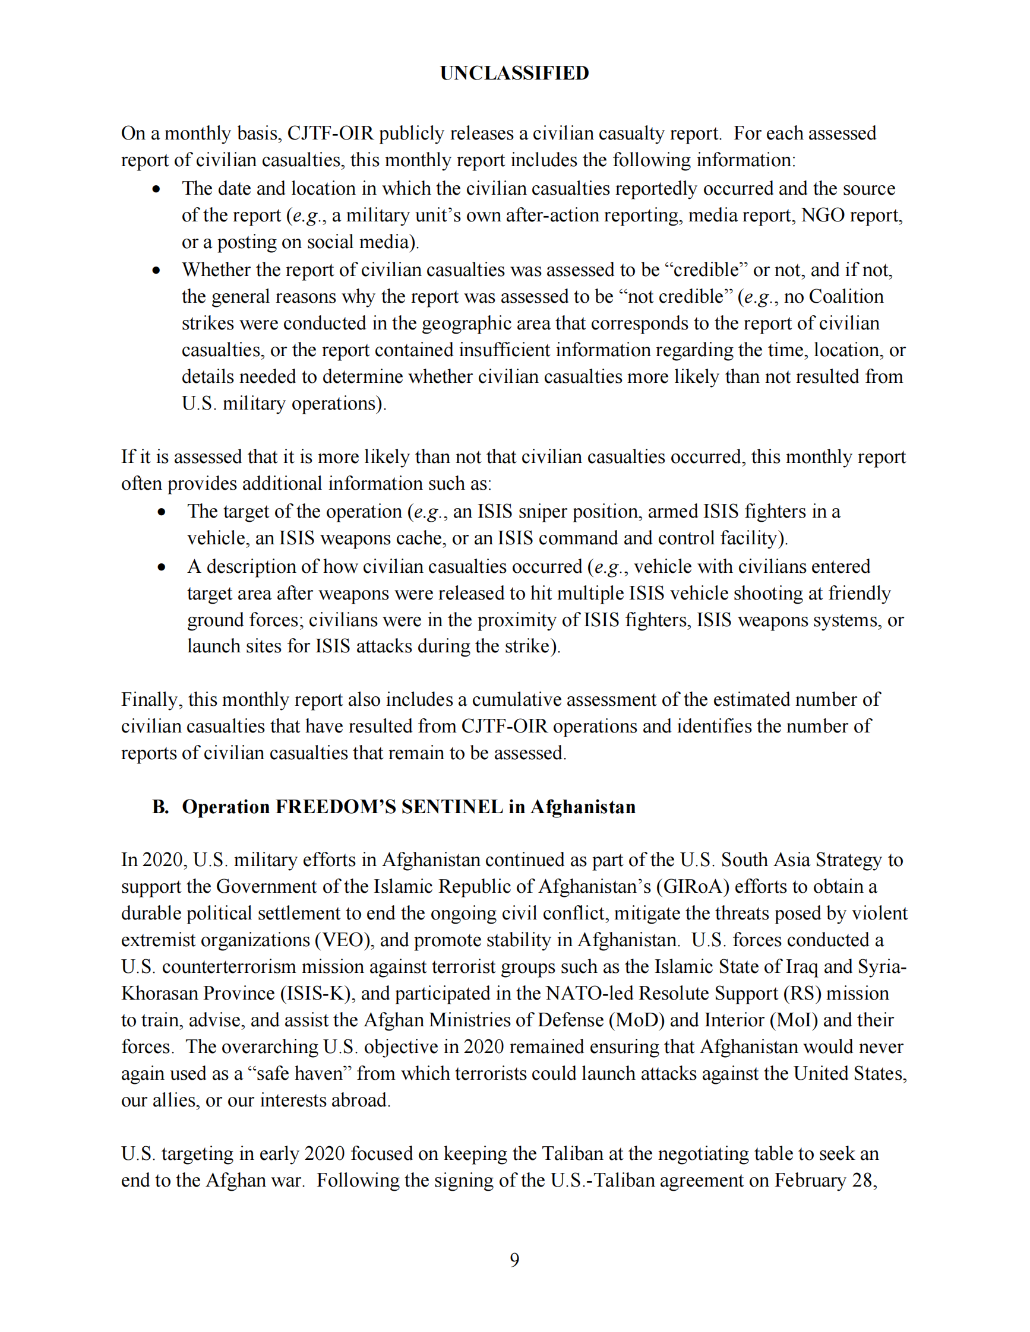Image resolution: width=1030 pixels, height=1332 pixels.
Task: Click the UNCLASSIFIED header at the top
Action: point(514,73)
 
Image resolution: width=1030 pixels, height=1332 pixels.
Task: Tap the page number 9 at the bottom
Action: point(514,1260)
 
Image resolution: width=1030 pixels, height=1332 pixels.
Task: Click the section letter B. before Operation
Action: point(160,807)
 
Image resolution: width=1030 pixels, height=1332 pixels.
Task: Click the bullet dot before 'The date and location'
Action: point(157,189)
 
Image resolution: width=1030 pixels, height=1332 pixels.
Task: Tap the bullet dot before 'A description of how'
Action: point(162,567)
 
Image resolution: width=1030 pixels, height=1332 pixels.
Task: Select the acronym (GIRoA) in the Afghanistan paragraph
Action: point(693,886)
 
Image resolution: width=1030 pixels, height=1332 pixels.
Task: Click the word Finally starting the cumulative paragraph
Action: point(151,700)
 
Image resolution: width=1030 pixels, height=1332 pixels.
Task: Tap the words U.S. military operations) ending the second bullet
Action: point(284,404)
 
